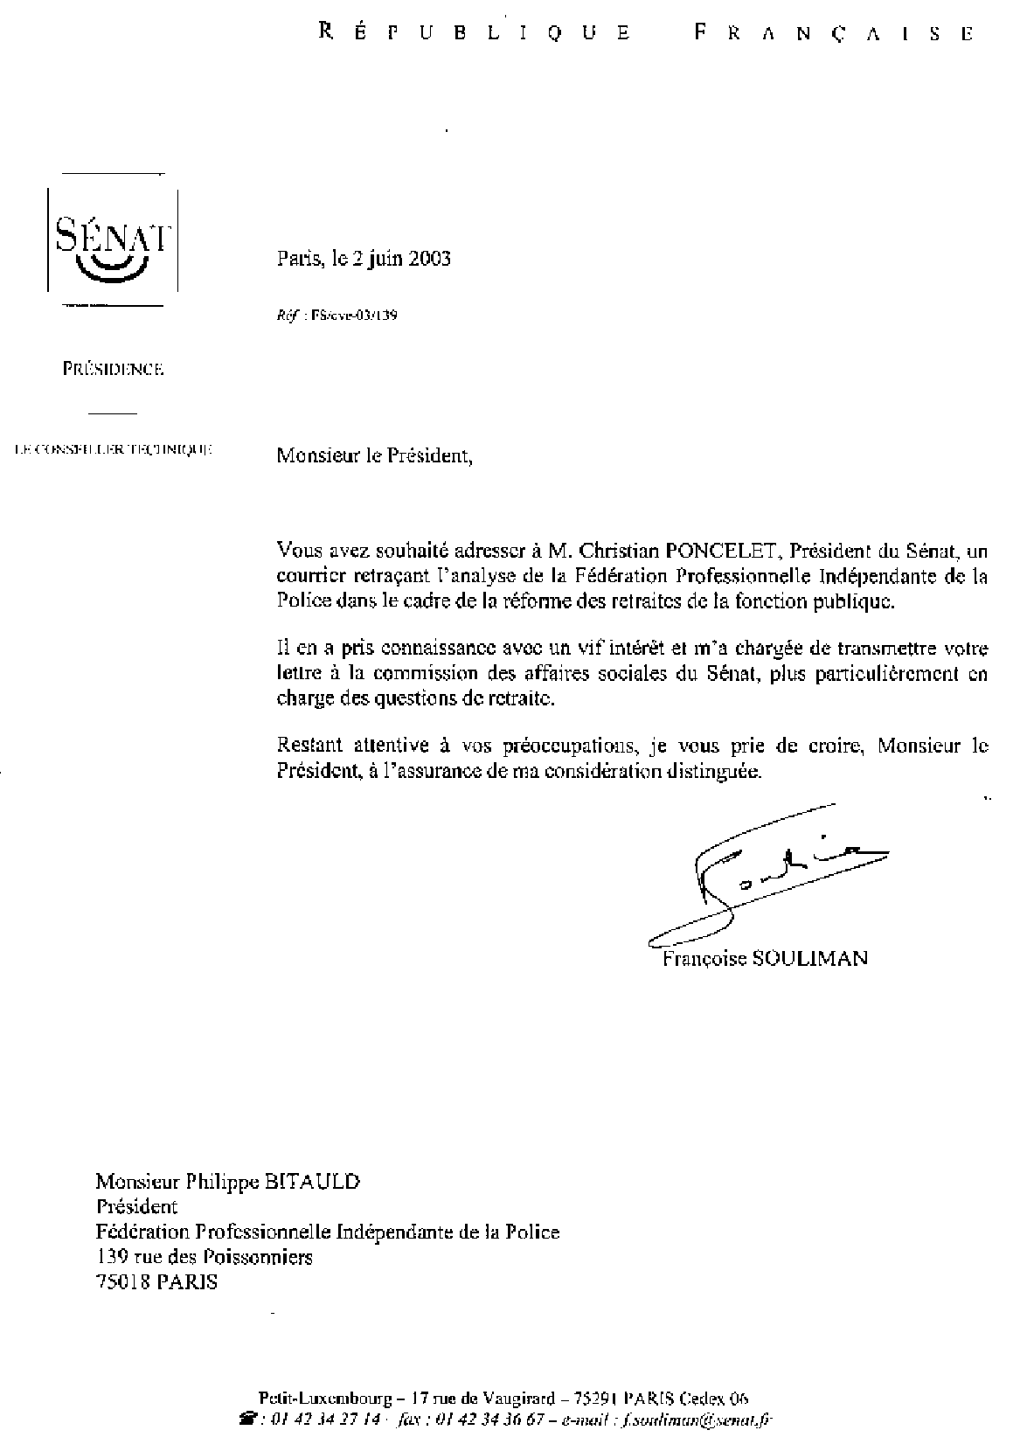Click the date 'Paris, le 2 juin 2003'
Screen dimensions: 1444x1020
pyautogui.click(x=364, y=259)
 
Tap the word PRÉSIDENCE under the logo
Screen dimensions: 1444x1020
pyautogui.click(x=114, y=369)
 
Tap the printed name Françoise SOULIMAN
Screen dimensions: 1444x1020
pyautogui.click(x=765, y=959)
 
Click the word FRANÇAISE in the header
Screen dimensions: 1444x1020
pyautogui.click(x=833, y=33)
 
